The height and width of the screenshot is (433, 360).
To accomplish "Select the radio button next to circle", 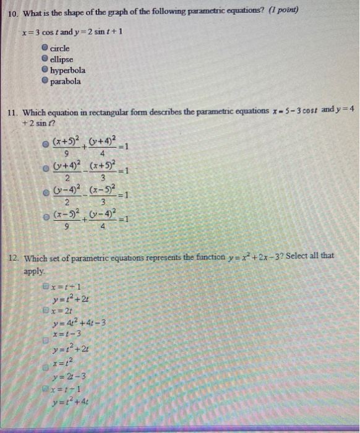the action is coord(45,48).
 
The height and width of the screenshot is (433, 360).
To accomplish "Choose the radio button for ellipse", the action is coord(45,59).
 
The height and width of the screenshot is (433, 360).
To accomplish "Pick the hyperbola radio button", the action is coord(45,70).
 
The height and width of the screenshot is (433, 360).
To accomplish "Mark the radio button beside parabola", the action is coord(45,81).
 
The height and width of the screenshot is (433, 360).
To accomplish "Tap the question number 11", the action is coord(12,113).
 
